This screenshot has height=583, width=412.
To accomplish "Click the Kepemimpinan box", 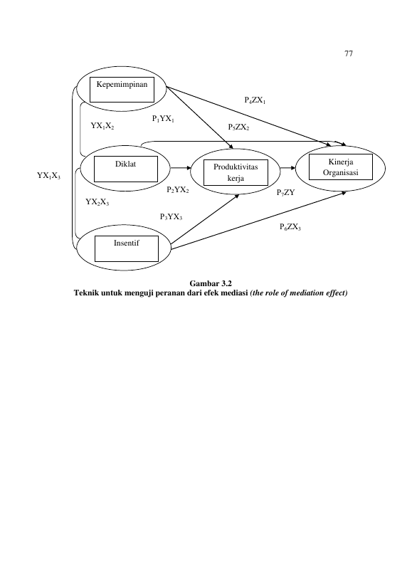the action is click(x=122, y=90).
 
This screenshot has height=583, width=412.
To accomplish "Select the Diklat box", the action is click(x=125, y=169).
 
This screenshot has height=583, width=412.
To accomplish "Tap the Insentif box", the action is click(x=127, y=248).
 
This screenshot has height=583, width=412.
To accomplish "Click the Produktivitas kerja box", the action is click(x=236, y=172).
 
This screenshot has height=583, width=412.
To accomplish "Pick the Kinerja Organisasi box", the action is click(x=341, y=167).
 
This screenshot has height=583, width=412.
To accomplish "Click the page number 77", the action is click(x=349, y=53).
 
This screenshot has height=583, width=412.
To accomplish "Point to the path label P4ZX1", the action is click(x=255, y=100).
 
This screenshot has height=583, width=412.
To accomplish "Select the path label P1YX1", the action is click(x=163, y=119).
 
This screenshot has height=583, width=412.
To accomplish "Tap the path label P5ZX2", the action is click(x=238, y=127).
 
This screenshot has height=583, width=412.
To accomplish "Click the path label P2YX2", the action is click(x=178, y=190).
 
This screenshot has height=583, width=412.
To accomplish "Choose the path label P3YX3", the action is click(x=171, y=217).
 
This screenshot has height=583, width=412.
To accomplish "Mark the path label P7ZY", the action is click(x=285, y=193).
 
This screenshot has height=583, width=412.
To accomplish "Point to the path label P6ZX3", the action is click(x=290, y=227).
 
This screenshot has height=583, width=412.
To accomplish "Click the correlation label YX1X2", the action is click(x=102, y=126).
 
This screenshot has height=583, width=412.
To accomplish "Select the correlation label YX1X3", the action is click(x=48, y=176).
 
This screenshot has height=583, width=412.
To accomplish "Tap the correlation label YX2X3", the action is click(x=97, y=202).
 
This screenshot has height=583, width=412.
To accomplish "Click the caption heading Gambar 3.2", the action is click(x=211, y=285).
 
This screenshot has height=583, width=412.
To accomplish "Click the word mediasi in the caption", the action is click(x=234, y=293).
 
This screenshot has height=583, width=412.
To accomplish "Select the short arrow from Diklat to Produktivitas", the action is click(x=181, y=168).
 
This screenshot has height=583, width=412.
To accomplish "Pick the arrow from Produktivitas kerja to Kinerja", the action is click(x=288, y=168).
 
